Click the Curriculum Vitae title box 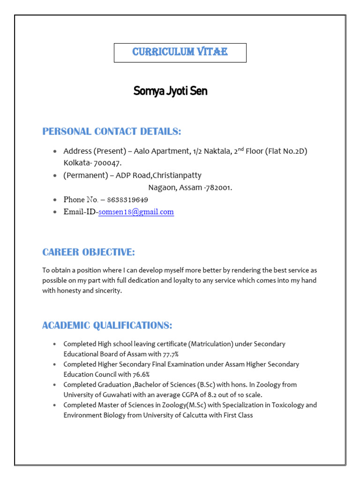[180, 52]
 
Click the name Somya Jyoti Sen [170, 91]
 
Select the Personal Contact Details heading [112, 131]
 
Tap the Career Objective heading [89, 252]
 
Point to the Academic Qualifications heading [107, 325]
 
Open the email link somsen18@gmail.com [136, 212]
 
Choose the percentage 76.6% [139, 375]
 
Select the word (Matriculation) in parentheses [206, 344]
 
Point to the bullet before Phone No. [55, 200]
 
